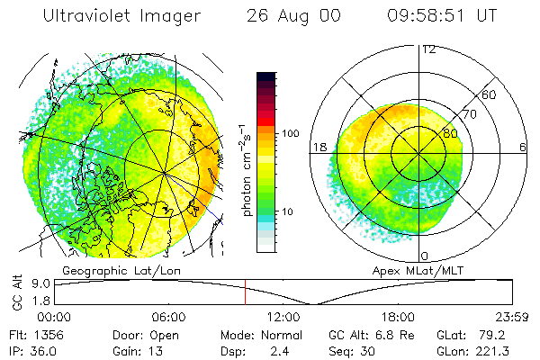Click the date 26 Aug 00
285,16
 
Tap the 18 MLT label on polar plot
319,148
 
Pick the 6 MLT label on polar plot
523,148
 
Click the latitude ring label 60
490,94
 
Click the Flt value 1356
47,334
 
